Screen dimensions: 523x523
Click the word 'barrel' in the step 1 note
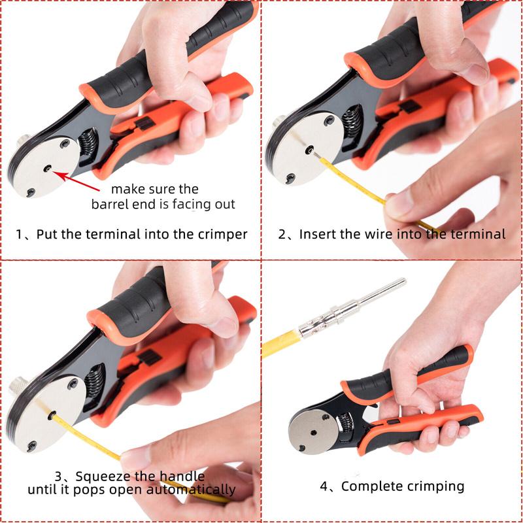point(110,204)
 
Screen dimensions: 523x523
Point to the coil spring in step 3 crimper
point(93,392)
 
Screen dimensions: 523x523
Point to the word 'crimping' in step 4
point(436,486)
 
